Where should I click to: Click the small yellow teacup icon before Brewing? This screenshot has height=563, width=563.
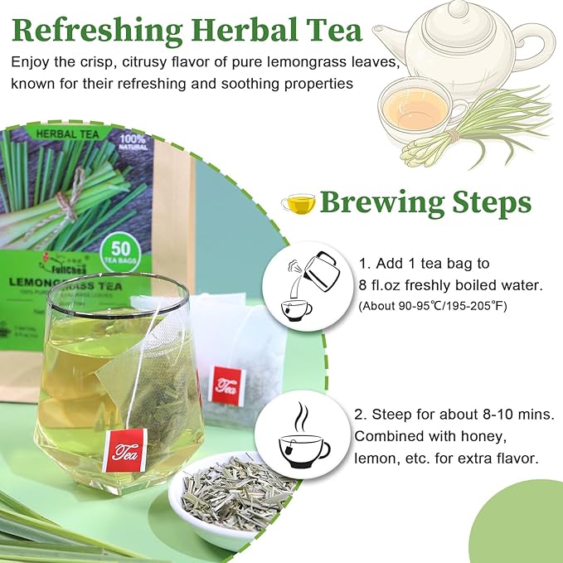coord(298,202)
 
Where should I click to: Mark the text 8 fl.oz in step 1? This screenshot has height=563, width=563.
coord(382,284)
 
